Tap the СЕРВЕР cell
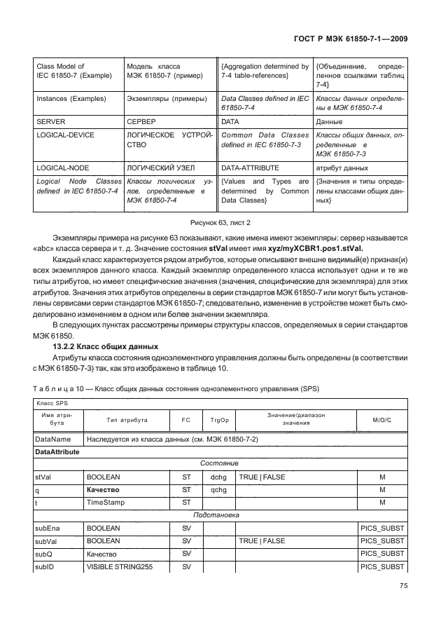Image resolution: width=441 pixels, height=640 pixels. pos(141,121)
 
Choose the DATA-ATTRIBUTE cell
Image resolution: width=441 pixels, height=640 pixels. pos(250,168)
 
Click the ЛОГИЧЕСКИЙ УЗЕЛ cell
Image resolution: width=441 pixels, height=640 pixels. pos(160,168)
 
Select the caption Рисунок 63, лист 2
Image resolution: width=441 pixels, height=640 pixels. pos(220,222)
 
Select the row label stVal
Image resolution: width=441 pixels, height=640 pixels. pos(43,477)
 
